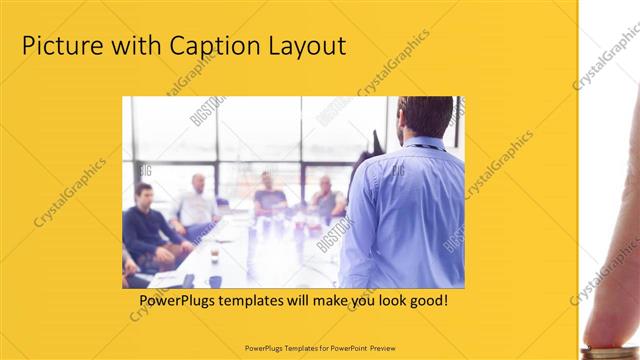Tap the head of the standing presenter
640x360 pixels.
[424, 117]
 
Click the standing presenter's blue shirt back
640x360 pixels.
[405, 215]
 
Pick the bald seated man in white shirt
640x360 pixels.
[196, 205]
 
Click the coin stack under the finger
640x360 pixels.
[610, 349]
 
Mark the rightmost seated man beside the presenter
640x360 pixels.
[326, 200]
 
